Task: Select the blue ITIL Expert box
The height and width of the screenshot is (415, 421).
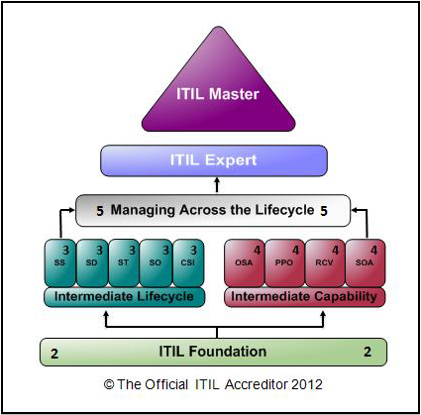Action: coord(214,160)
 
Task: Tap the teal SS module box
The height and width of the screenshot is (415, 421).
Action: coord(59,263)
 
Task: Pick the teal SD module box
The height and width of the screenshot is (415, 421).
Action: coord(92,263)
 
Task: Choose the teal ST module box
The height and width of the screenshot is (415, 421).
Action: coord(124,263)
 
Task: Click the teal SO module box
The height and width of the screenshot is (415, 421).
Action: coord(156,263)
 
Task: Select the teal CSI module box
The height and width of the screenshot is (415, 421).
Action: coord(188,263)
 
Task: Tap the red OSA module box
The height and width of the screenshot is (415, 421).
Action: coord(245,263)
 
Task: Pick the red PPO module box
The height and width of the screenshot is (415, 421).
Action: coord(284,263)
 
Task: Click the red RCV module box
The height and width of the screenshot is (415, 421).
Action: coord(325,263)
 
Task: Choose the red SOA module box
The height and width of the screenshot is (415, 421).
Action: coord(366,263)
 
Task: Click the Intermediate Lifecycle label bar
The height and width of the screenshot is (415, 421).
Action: coord(124,297)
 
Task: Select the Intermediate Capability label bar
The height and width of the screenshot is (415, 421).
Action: coord(304,297)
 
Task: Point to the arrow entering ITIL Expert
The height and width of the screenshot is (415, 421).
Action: coord(217,185)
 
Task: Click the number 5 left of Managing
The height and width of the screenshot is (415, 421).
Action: coord(100,211)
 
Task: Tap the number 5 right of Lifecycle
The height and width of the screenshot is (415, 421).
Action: coord(324,211)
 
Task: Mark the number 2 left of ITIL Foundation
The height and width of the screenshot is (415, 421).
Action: coord(54,354)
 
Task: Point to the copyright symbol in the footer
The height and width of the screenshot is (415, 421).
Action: coord(109,384)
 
